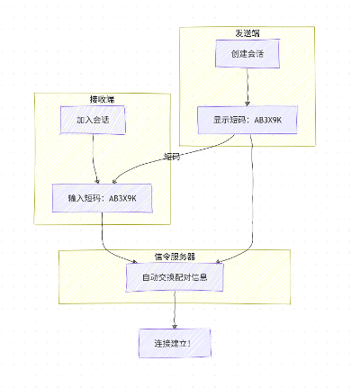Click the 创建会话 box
click(x=247, y=53)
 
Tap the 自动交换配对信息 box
click(x=174, y=276)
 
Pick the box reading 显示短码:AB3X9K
click(x=246, y=120)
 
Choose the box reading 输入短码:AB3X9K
click(x=102, y=198)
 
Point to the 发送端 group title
click(x=247, y=33)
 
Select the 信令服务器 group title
click(x=174, y=256)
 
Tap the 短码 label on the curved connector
click(x=171, y=156)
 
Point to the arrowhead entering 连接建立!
click(x=174, y=326)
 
